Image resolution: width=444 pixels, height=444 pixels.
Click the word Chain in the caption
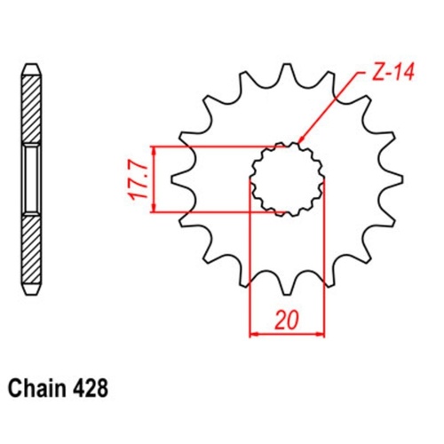(x=39, y=389)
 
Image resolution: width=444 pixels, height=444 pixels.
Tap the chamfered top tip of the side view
(x=30, y=68)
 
